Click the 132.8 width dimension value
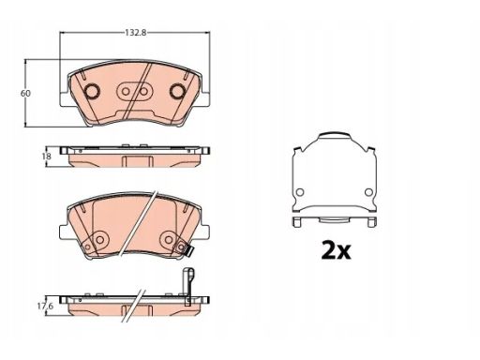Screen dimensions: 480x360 coord(136,33)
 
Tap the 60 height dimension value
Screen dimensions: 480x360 coord(25,94)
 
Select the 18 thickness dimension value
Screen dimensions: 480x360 coord(46,156)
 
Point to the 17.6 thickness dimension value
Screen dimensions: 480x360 coord(45,307)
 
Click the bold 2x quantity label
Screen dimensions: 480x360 coord(337,250)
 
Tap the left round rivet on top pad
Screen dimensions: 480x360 coord(93,91)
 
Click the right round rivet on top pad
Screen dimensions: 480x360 coord(177,91)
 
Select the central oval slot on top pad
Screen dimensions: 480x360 coord(135,92)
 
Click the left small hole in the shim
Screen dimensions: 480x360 coord(300,192)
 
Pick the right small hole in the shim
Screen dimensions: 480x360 coord(368,192)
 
